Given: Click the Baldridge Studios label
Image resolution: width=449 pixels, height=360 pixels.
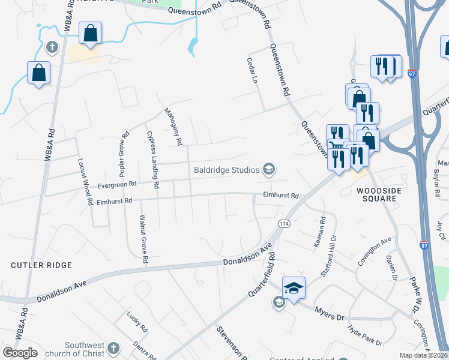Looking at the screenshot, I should point(226,170).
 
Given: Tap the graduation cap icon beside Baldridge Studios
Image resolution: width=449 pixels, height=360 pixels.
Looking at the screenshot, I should point(268,170).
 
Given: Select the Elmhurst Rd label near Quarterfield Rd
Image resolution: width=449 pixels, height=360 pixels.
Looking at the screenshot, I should point(280,196).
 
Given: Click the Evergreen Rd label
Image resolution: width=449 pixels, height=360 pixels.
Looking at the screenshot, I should point(116,185).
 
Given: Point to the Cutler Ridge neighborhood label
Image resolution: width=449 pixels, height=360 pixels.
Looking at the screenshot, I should point(41,265).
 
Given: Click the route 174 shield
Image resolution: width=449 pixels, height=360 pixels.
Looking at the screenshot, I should point(284,223).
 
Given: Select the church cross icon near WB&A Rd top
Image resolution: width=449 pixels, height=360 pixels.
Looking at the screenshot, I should point(52,47).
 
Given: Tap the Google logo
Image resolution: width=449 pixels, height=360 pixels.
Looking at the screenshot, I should point(20,352).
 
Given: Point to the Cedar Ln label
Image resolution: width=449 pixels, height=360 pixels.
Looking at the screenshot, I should point(252,70).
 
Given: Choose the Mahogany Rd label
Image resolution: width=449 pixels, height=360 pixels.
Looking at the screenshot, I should point(173,127).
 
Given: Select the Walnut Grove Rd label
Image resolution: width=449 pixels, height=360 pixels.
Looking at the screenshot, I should point(143,240).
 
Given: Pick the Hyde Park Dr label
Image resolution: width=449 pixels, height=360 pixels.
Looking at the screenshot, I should point(365,335).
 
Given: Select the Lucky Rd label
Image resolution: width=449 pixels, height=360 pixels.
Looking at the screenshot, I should point(137,322).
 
